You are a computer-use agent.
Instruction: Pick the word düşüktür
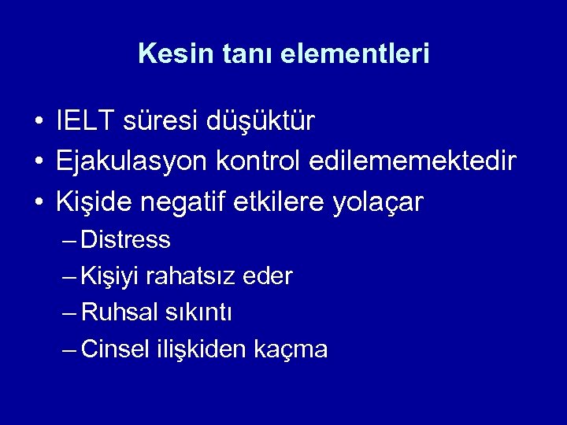[261, 122]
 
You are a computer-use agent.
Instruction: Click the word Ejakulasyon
[130, 163]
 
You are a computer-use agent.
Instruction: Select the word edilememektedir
[413, 162]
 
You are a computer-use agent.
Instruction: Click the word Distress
[125, 239]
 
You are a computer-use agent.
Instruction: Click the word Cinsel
[118, 349]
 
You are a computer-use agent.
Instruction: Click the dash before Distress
[69, 239]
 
